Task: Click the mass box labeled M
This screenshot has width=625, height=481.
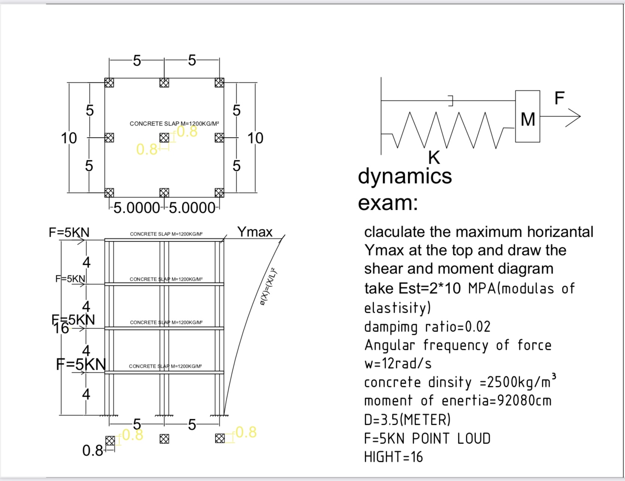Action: click(x=527, y=117)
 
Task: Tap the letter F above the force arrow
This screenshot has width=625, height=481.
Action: click(x=559, y=98)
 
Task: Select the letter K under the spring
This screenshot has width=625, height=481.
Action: click(x=434, y=158)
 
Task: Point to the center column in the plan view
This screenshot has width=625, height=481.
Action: click(x=164, y=138)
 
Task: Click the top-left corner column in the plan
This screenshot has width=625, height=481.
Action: click(x=109, y=82)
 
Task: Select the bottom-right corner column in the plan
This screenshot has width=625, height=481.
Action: click(x=219, y=193)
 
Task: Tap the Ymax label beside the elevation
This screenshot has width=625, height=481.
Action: click(x=255, y=232)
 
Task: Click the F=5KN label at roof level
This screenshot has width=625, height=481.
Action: click(x=69, y=233)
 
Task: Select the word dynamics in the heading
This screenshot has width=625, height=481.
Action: click(x=405, y=176)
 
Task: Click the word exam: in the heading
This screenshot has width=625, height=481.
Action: click(x=388, y=203)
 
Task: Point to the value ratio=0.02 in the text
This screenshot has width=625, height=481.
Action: click(x=458, y=327)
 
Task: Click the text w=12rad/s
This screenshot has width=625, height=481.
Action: click(x=398, y=363)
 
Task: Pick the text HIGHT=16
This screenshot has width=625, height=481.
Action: click(x=393, y=457)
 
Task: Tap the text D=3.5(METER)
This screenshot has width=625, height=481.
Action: click(x=407, y=420)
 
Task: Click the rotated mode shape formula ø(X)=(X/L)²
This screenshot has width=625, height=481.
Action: click(x=268, y=287)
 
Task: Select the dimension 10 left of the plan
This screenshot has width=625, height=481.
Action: click(x=69, y=138)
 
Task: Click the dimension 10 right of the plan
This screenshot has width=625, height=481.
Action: click(x=255, y=138)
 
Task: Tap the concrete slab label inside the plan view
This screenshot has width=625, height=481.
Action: click(x=174, y=124)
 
